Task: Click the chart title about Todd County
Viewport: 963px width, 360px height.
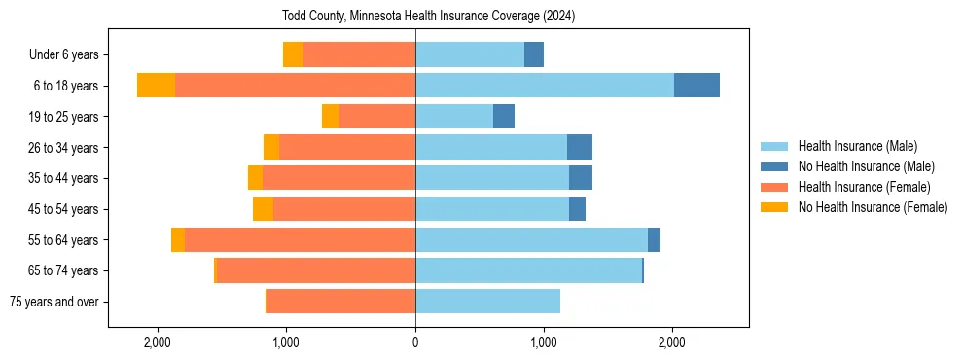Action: [x=429, y=17]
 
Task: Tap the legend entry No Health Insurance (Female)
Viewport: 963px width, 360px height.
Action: [x=873, y=207]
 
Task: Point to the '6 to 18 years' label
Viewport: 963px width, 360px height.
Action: [x=66, y=86]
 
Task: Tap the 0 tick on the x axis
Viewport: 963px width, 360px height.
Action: [x=415, y=342]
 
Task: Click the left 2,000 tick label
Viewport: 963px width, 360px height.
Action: [x=158, y=342]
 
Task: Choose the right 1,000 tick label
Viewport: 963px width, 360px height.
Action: [x=544, y=342]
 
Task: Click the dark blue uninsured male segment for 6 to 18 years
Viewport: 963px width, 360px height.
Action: [x=696, y=86]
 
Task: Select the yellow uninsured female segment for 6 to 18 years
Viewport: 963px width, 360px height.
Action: [x=156, y=86]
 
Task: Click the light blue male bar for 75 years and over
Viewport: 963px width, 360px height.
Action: [x=487, y=302]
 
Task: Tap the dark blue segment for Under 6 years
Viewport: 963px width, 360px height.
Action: [x=534, y=54]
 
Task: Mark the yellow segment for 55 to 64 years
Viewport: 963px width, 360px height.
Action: [x=178, y=240]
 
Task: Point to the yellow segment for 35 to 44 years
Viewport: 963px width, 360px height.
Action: [x=255, y=178]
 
